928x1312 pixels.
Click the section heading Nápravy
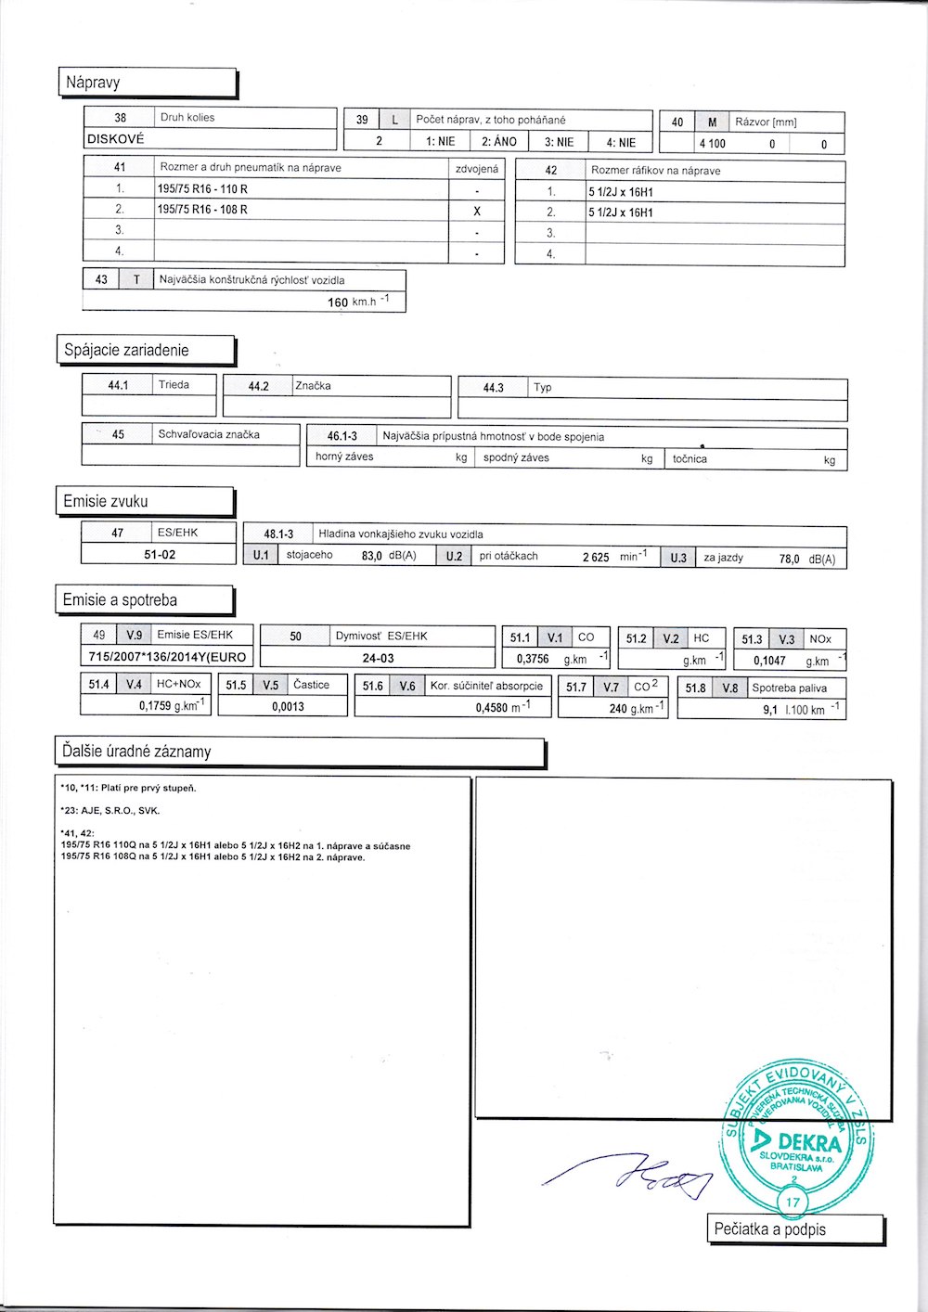coord(93,83)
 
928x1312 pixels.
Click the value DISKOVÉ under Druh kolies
coord(116,139)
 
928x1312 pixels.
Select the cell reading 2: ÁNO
coord(499,142)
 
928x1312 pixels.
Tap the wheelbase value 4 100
coord(713,144)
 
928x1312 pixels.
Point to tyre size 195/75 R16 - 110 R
coord(202,189)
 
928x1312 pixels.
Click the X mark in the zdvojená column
coord(477,211)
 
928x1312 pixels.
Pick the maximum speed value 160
coord(338,302)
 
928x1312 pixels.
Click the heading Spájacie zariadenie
coord(126,351)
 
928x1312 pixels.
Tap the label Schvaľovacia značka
coord(209,434)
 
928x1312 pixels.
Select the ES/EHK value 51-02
coord(160,555)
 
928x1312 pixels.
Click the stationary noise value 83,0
coord(372,557)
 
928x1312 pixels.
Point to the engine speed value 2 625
coord(596,558)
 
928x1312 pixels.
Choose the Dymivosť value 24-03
coord(378,658)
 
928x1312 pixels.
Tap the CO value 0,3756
coord(533,659)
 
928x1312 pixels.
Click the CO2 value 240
coord(618,708)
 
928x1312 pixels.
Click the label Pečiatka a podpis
coord(770,1229)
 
